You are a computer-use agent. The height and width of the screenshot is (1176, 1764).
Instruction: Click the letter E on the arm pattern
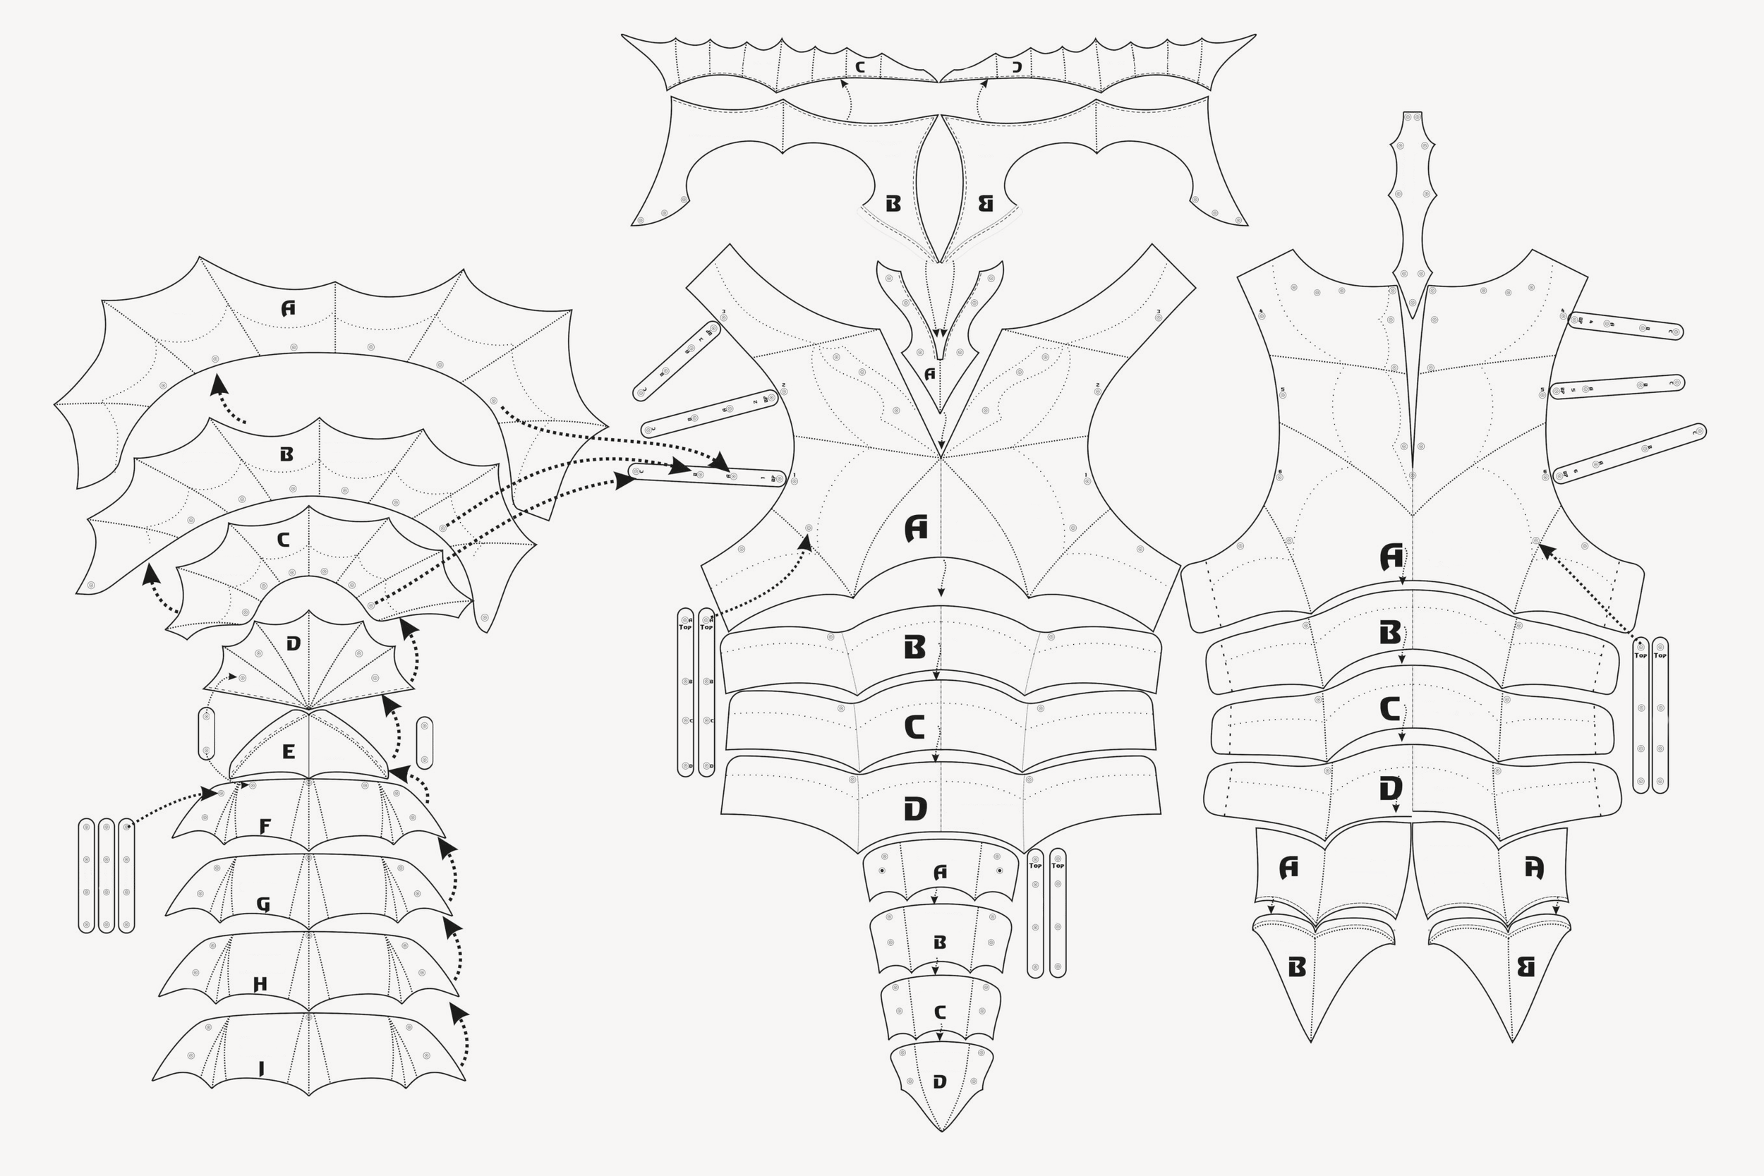click(x=289, y=751)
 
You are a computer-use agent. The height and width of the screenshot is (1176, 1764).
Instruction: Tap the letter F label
click(x=265, y=827)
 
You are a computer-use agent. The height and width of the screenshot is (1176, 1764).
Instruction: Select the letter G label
click(x=263, y=904)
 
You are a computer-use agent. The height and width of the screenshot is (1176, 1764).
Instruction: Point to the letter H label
click(x=260, y=984)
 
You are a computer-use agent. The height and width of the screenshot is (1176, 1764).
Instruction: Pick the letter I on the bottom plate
click(x=261, y=1069)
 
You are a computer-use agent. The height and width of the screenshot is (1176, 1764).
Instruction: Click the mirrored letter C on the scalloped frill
click(x=1017, y=67)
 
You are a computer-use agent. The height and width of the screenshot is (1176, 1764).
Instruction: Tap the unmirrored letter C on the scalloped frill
click(x=860, y=67)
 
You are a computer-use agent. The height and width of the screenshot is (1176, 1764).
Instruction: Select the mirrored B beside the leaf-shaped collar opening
click(x=986, y=203)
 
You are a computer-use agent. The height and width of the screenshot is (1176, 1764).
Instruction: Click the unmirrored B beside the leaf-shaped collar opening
click(x=893, y=203)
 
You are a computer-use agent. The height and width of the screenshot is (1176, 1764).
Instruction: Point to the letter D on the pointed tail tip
click(x=940, y=1081)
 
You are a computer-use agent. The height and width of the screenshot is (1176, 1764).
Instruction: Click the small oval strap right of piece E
click(x=425, y=743)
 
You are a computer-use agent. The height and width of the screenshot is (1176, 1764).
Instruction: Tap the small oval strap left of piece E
click(x=206, y=733)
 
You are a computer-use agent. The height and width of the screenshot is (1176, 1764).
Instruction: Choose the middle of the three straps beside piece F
click(x=107, y=875)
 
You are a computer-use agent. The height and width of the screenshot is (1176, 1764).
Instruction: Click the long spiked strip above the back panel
click(x=1412, y=210)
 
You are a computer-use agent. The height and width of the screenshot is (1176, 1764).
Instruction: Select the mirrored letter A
click(x=1535, y=868)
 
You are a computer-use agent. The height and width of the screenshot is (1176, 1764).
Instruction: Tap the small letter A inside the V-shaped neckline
click(x=930, y=373)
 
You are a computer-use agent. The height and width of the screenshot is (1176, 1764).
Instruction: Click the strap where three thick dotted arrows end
click(x=706, y=475)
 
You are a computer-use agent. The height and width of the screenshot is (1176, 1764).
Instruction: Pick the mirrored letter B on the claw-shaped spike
click(x=1526, y=967)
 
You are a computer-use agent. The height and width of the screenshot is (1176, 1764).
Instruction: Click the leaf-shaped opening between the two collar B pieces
click(x=939, y=188)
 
